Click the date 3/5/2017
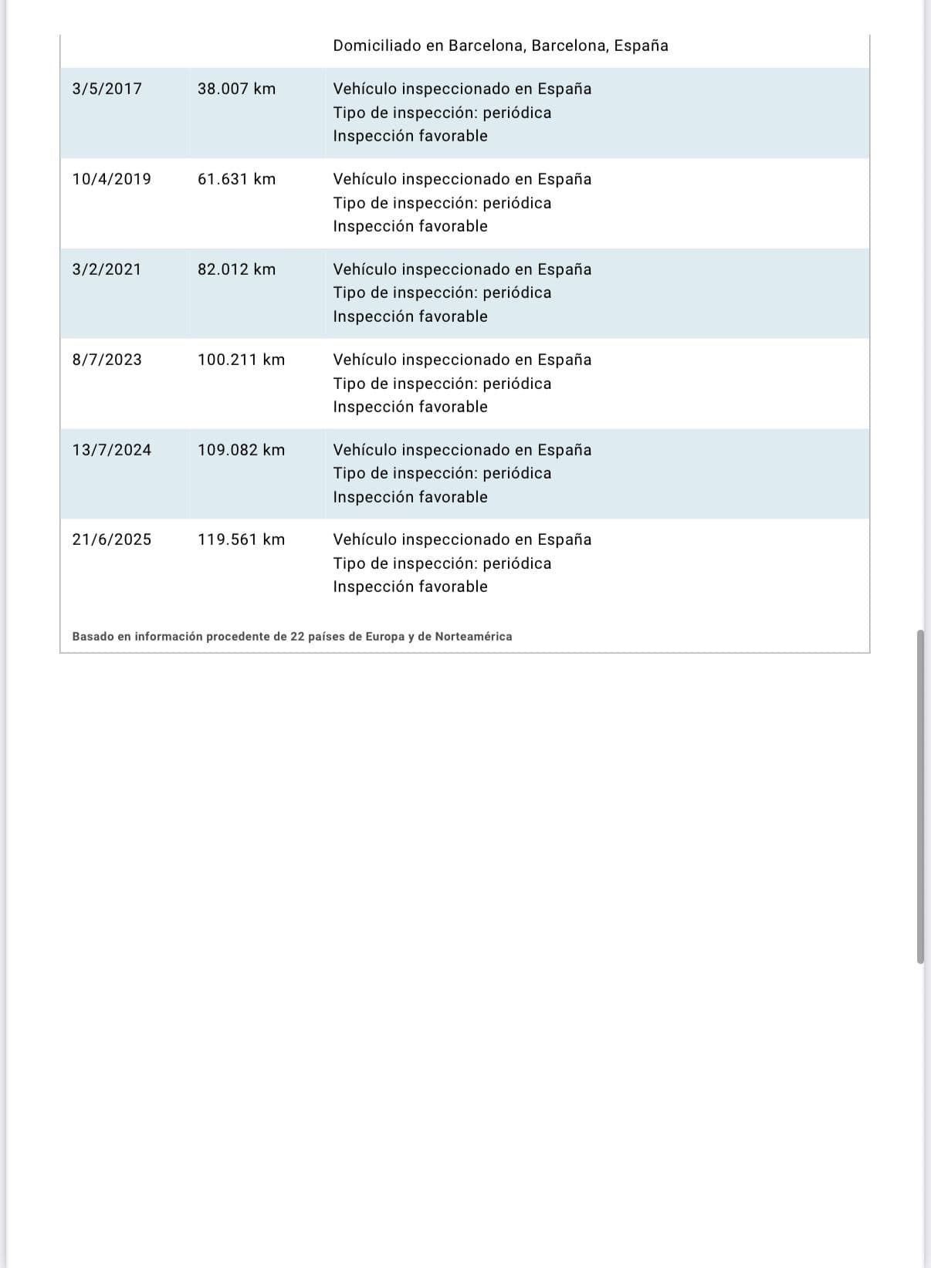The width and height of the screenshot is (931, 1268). [107, 89]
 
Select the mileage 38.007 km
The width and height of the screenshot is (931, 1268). [236, 89]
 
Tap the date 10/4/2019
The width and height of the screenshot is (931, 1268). [111, 179]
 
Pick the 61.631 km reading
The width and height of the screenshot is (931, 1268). [236, 179]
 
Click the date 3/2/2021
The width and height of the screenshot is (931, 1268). [107, 269]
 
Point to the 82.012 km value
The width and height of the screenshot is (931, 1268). [236, 269]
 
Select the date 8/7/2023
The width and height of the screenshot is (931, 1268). [107, 360]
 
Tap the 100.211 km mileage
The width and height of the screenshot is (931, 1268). [241, 360]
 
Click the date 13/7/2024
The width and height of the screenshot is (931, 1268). [111, 450]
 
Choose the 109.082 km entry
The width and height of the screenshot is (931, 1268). [241, 450]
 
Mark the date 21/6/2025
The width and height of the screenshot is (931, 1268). [111, 539]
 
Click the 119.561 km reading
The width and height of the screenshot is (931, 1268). [241, 539]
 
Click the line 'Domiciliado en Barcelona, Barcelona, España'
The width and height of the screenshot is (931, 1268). [500, 46]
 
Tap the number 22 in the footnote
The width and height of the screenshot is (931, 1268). [298, 637]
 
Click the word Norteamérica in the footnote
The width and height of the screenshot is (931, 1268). [473, 637]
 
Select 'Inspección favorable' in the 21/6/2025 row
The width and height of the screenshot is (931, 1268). [410, 587]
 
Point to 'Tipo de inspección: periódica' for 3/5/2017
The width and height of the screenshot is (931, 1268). [442, 113]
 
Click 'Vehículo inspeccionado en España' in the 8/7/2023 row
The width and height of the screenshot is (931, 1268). [462, 360]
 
